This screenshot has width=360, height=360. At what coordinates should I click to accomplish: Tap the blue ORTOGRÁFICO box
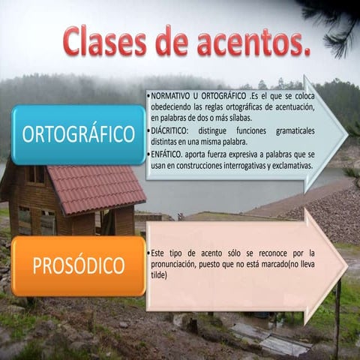(79, 135)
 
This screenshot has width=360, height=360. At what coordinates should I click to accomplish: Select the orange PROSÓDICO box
(79, 266)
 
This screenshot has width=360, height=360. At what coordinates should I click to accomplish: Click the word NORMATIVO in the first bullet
(171, 98)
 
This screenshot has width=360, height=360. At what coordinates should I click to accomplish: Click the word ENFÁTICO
(169, 154)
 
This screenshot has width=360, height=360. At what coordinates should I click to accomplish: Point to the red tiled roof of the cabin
(97, 187)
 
